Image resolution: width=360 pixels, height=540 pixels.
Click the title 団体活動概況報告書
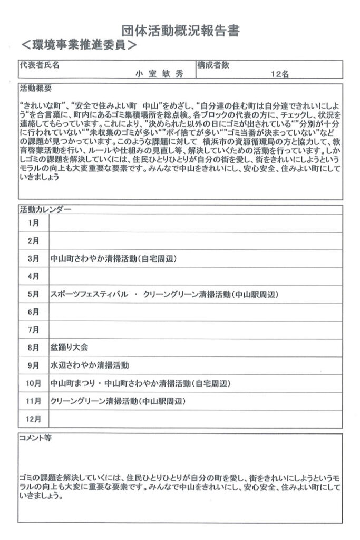180,32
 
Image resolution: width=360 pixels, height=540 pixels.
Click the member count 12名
279,74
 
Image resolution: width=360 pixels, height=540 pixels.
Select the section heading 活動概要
35,87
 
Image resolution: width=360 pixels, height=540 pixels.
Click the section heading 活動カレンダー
45,209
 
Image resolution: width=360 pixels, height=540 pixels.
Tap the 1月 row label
33,223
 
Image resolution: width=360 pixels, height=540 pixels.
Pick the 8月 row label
33,348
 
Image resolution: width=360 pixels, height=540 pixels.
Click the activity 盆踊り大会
69,348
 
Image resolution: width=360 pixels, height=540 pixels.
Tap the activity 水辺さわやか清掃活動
90,365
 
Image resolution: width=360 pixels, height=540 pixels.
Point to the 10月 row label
33,383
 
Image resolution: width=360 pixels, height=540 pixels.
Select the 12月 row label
33,419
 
